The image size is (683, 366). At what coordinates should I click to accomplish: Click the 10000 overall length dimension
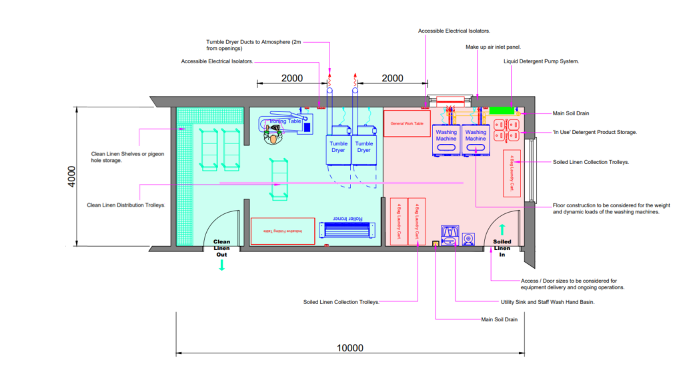click(350, 347)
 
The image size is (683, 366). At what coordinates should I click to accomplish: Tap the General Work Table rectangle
click(407, 124)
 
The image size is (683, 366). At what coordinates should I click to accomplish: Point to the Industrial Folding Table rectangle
click(282, 231)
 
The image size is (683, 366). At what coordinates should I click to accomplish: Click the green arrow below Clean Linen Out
click(221, 265)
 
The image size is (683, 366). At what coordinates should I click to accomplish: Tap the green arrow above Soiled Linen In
click(502, 229)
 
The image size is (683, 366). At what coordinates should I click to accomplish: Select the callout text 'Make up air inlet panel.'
click(492, 48)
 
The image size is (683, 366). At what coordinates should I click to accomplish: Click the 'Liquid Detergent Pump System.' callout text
click(540, 61)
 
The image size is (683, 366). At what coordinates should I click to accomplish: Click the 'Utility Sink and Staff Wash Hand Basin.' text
click(547, 302)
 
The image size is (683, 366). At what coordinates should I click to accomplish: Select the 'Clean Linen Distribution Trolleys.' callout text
click(126, 205)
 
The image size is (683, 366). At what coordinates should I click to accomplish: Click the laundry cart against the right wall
click(512, 173)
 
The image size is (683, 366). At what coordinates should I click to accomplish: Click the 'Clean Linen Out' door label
click(221, 248)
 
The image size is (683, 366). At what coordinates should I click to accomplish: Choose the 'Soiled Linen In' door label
click(502, 248)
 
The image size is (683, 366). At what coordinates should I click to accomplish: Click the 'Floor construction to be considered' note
click(606, 208)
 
